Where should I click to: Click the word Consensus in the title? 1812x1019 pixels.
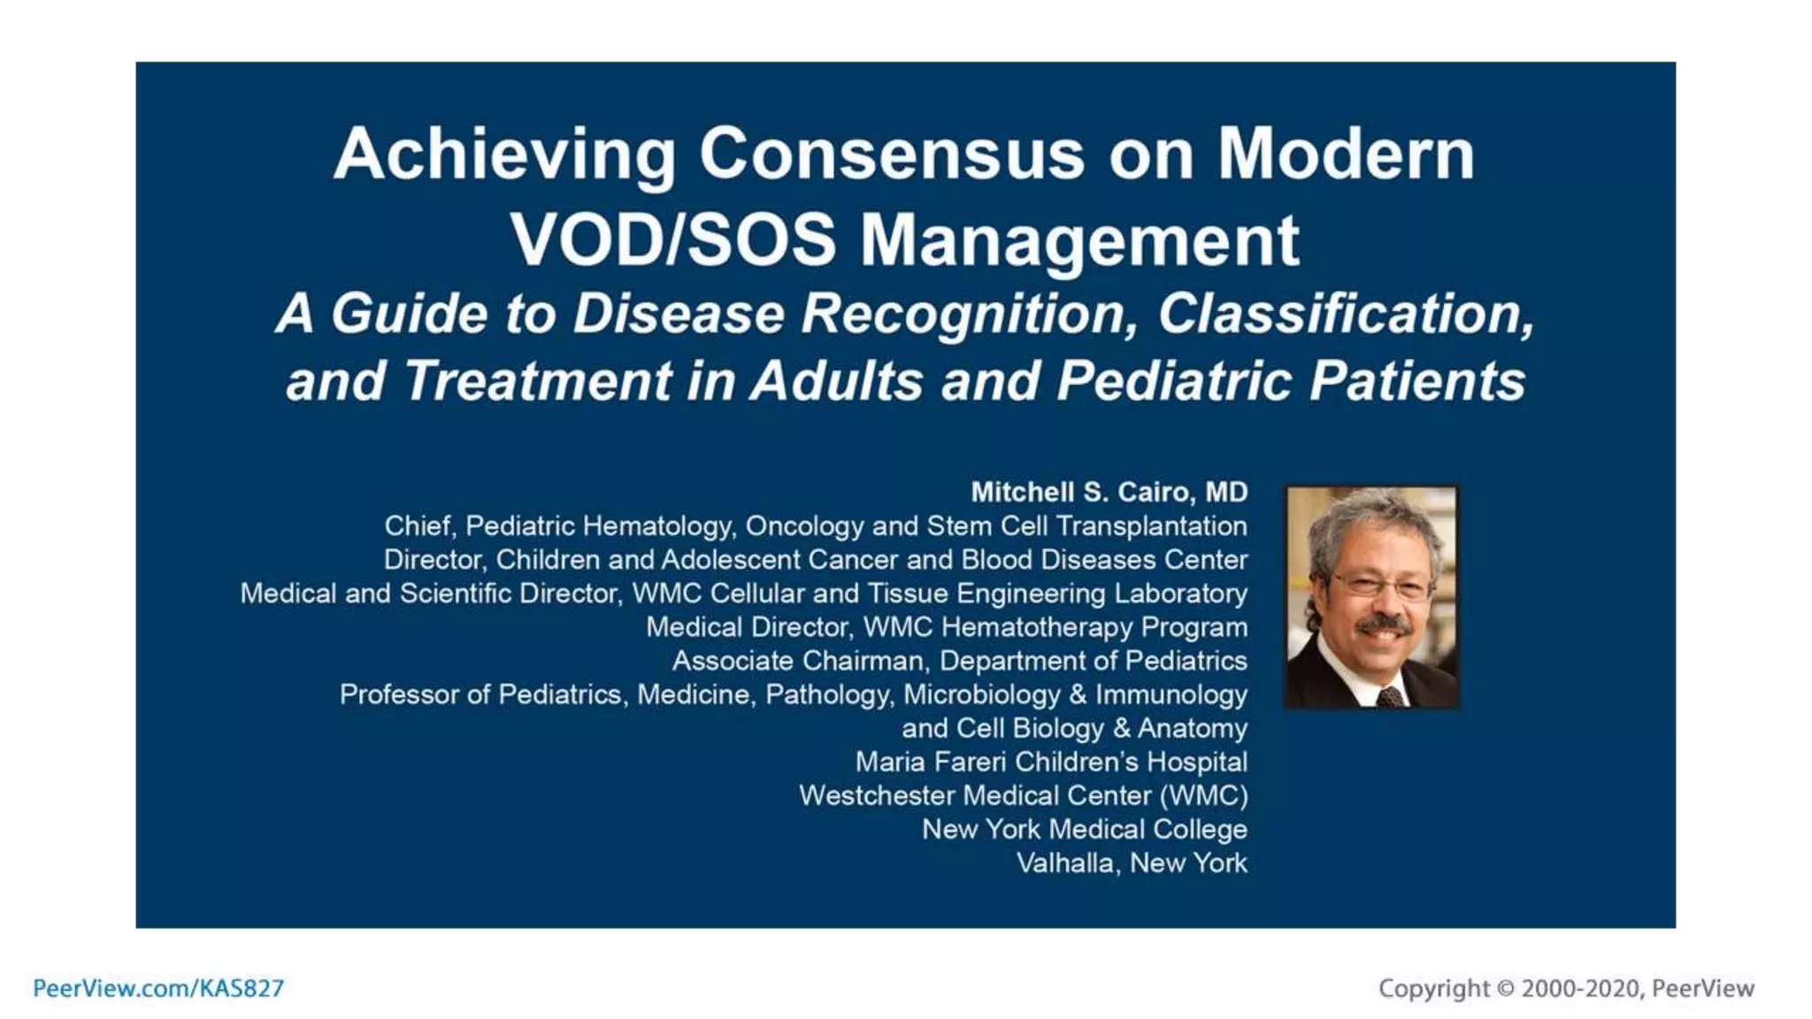(x=892, y=155)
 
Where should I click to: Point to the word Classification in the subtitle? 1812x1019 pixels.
(x=1345, y=314)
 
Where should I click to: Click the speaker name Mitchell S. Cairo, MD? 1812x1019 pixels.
(x=1109, y=492)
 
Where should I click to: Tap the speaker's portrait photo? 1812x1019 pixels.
(x=1371, y=597)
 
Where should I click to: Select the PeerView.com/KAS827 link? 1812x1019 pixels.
(x=158, y=988)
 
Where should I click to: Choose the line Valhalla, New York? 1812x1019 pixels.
(x=1132, y=862)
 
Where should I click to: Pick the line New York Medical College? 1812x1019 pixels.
(x=1084, y=829)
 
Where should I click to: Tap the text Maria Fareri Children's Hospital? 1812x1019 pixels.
(x=1051, y=762)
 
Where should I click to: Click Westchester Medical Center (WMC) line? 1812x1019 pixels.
(x=1023, y=795)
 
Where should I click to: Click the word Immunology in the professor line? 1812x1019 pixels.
(x=1171, y=694)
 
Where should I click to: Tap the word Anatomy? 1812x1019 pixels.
(x=1192, y=728)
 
